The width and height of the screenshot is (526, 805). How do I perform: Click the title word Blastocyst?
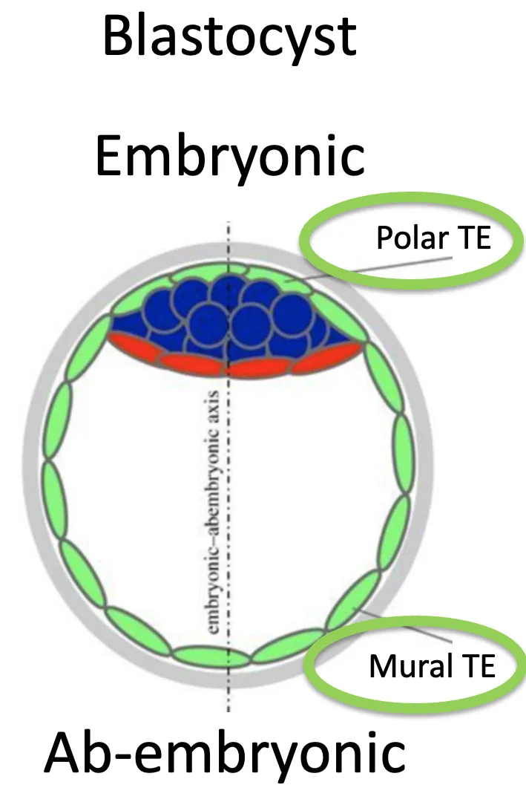click(x=229, y=36)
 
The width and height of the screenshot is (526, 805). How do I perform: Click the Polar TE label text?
click(x=434, y=238)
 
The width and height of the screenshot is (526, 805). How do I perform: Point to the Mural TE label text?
click(x=432, y=666)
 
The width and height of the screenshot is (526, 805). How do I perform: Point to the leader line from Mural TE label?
click(x=406, y=626)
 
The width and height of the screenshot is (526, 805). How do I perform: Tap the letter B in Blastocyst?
click(x=118, y=36)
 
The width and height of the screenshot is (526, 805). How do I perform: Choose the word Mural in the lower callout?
click(x=411, y=666)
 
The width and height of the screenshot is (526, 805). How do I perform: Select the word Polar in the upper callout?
click(x=412, y=238)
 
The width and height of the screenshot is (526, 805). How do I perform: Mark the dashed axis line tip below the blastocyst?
click(x=229, y=711)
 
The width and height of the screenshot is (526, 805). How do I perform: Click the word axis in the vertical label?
click(x=215, y=405)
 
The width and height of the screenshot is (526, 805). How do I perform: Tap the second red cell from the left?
click(x=191, y=362)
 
